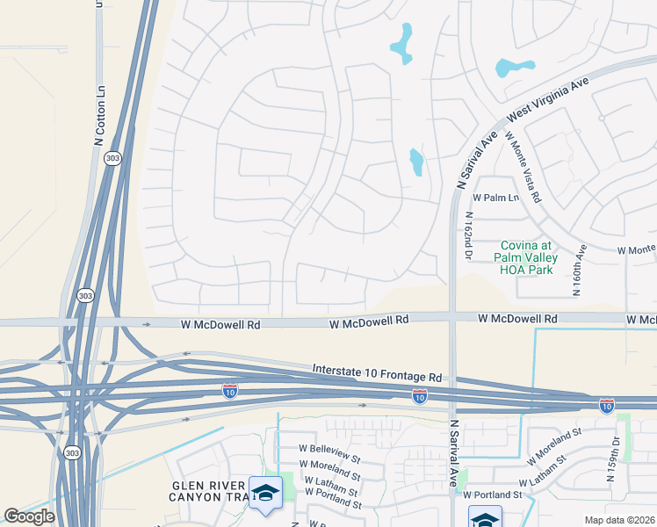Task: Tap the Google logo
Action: click(29, 516)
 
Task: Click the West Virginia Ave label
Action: click(547, 99)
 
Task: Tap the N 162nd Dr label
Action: click(469, 235)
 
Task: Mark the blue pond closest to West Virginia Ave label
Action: click(514, 68)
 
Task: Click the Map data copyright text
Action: click(620, 519)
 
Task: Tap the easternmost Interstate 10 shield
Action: click(607, 405)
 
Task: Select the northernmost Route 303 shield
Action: click(112, 158)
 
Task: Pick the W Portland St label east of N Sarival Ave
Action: click(495, 495)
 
